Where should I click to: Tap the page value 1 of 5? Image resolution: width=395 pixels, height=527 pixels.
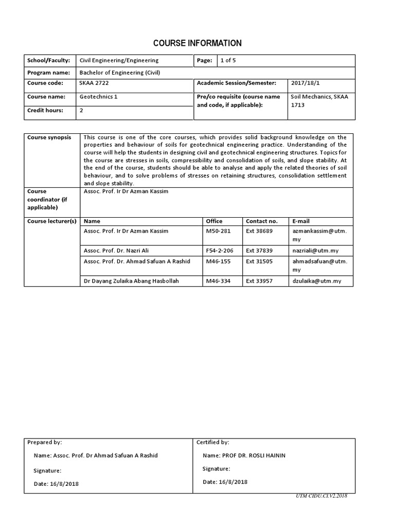(228, 61)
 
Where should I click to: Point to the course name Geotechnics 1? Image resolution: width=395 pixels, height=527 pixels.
(99, 97)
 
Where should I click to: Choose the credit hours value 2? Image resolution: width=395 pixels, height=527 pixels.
(82, 111)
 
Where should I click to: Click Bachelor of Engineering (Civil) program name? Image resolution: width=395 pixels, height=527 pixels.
(120, 73)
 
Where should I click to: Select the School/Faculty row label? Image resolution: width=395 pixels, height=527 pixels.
(48, 61)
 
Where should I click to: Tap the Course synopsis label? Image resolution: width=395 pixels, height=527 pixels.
(49, 137)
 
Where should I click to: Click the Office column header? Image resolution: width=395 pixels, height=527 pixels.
(214, 221)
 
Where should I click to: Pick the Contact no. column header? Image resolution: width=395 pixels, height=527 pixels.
(261, 221)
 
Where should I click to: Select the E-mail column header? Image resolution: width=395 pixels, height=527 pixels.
(301, 221)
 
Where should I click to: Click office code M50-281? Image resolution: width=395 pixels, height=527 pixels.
(218, 231)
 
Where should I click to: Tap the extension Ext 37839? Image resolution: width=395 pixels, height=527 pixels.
(260, 251)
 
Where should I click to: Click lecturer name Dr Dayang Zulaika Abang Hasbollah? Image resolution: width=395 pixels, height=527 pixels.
(131, 281)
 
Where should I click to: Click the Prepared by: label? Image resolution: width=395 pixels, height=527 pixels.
(45, 442)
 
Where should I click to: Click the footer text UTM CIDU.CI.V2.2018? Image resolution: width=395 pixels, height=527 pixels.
(321, 496)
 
